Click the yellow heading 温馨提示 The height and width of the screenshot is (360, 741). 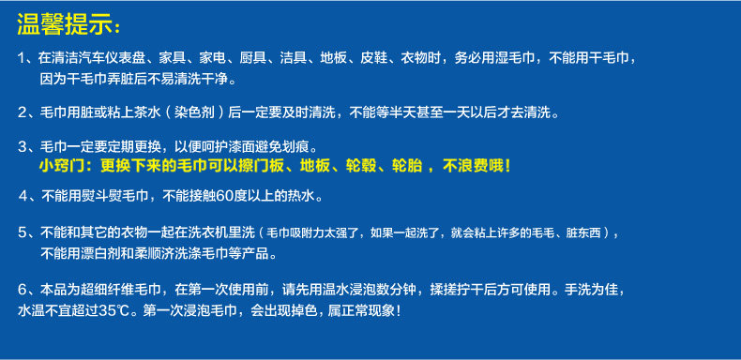click(65, 24)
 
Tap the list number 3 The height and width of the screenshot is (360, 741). click(23, 147)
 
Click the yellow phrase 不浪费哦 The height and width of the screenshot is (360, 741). click(473, 166)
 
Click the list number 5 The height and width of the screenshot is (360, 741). click(23, 232)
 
